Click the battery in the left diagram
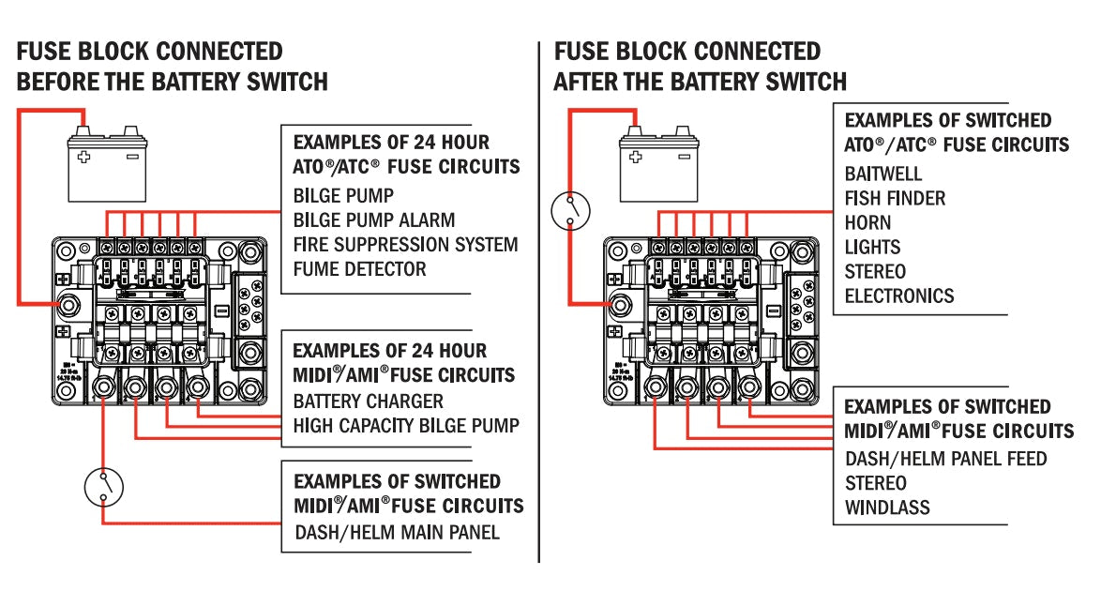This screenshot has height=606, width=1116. [x=108, y=167]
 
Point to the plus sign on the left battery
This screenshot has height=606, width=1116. [x=84, y=157]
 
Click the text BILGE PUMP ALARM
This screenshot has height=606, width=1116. [x=373, y=220]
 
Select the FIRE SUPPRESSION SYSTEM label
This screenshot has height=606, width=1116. [x=405, y=245]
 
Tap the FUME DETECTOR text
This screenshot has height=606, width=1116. [x=359, y=269]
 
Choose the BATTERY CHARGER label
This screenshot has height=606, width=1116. [x=368, y=401]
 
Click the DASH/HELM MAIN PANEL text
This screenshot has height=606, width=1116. [x=397, y=533]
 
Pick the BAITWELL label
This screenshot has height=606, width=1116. [x=882, y=174]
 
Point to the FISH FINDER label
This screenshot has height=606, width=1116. [x=895, y=199]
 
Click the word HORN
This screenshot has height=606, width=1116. [x=867, y=223]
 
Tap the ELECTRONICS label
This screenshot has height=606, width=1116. [x=898, y=296]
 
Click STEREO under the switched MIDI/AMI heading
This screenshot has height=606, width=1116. [x=876, y=484]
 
